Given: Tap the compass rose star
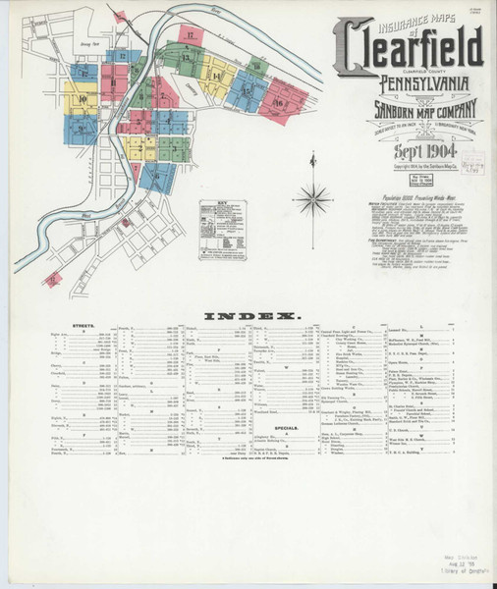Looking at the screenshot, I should point(314,200).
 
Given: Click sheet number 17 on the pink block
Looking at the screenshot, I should point(191,36).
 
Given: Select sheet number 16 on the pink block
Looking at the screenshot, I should point(279,101).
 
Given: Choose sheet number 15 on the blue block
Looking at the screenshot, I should point(246,88).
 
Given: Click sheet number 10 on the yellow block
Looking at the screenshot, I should point(83,99).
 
